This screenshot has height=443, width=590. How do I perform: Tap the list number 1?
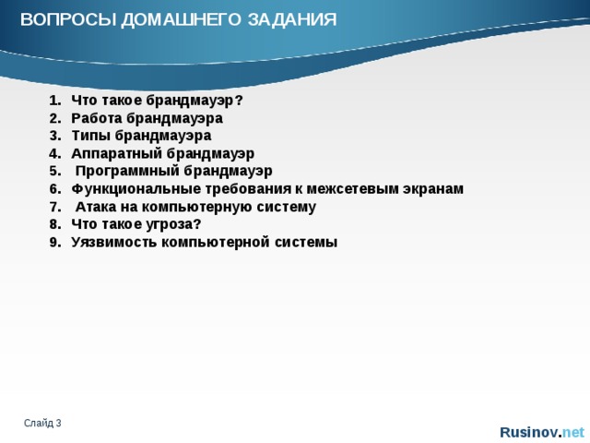click(53, 101)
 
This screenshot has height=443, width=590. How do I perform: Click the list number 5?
click(53, 171)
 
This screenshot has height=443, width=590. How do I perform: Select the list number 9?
click(53, 242)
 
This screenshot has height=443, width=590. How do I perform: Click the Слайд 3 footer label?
click(43, 423)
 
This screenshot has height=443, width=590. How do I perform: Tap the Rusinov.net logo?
click(541, 432)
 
